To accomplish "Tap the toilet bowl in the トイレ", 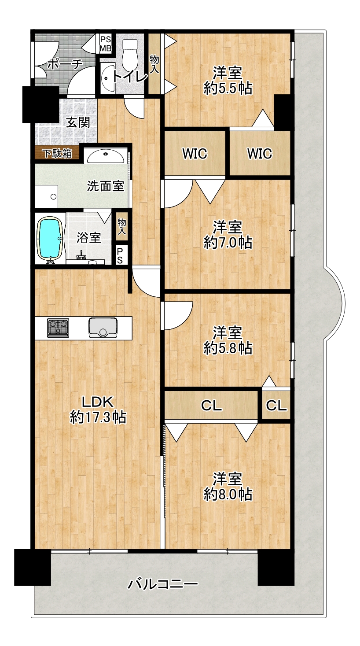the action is [x=130, y=53].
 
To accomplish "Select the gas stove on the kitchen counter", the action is [x=58, y=328].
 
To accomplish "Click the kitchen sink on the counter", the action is [x=103, y=328].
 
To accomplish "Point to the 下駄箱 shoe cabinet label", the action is [x=58, y=153].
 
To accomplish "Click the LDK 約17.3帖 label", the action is [x=98, y=409].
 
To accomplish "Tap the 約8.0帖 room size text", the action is [x=228, y=494].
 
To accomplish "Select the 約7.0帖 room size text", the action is [x=228, y=242].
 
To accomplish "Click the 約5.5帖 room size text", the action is [x=228, y=88].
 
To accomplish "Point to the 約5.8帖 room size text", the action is [x=228, y=348].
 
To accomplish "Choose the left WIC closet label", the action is [x=195, y=153].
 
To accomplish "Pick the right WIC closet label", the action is [x=259, y=153].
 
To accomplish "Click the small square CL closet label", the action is [x=276, y=405].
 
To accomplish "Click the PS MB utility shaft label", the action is [x=106, y=44].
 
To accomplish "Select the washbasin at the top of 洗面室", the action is [x=106, y=157].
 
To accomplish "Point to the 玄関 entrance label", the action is [x=78, y=122].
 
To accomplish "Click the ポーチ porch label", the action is [x=65, y=64].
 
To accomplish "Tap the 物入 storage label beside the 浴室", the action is [x=121, y=226].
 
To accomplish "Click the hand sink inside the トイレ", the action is [x=107, y=78].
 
